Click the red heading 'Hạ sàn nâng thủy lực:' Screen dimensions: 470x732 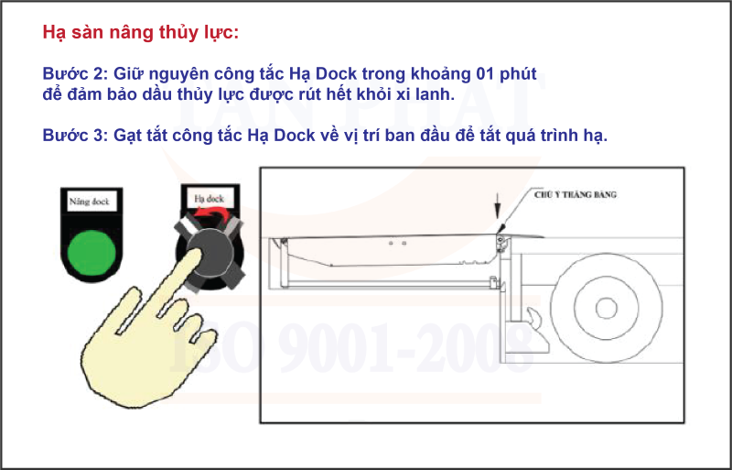click(x=141, y=33)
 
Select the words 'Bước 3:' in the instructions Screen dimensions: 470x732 click(x=75, y=135)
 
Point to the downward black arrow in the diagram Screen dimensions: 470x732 click(x=496, y=206)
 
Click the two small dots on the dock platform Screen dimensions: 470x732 click(x=396, y=244)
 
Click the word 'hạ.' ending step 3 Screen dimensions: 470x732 click(x=595, y=135)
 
